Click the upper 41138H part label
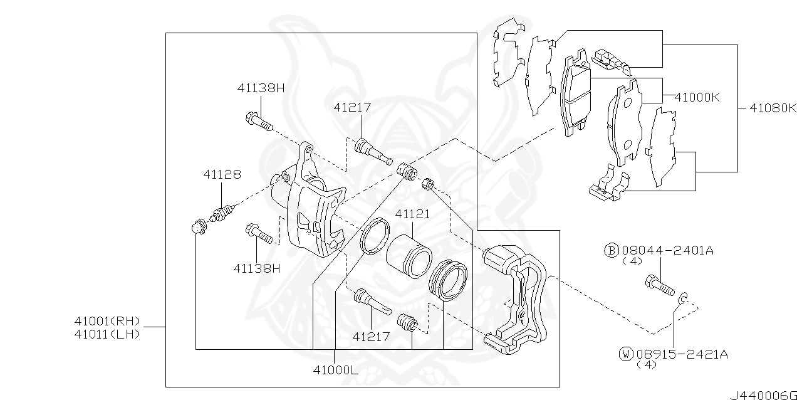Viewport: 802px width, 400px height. [x=261, y=88]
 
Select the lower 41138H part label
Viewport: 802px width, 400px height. [x=257, y=268]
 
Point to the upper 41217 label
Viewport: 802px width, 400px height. [x=352, y=108]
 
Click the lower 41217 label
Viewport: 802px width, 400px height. [x=371, y=337]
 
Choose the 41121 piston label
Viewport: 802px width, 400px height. [x=412, y=214]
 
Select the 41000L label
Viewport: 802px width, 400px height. [x=335, y=370]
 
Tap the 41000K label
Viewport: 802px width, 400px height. [x=697, y=97]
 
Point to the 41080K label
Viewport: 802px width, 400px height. [x=773, y=108]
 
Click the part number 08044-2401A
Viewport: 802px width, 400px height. [x=667, y=251]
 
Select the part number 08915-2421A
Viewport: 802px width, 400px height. [x=682, y=354]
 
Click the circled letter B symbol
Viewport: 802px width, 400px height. [x=611, y=251]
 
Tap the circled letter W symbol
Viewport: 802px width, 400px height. [x=625, y=354]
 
